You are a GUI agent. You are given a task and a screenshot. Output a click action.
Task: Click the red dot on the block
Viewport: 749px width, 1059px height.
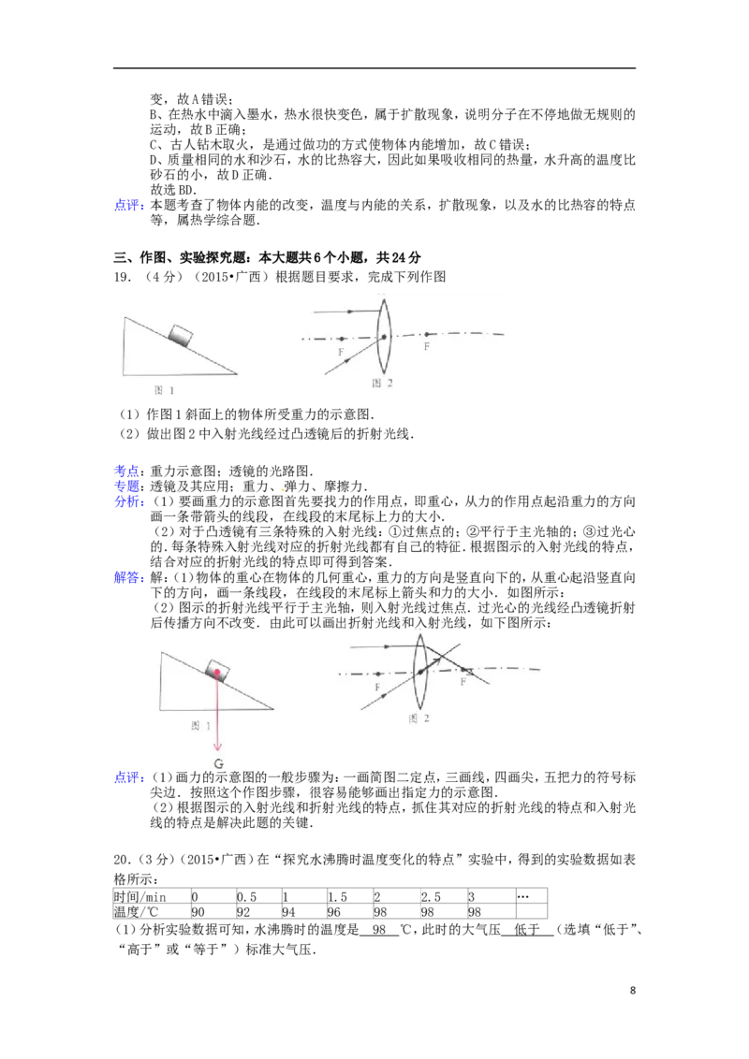(216, 673)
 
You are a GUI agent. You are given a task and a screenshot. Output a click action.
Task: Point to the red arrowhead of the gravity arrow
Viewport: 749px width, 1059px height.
(217, 747)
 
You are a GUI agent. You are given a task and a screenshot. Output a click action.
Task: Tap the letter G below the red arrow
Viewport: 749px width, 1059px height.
(218, 764)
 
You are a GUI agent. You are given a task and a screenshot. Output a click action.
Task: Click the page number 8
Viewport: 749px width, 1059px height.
(633, 991)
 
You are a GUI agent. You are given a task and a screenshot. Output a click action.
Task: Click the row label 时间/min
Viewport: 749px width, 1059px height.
(140, 897)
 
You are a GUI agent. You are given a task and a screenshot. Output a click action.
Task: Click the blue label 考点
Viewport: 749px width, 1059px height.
(127, 471)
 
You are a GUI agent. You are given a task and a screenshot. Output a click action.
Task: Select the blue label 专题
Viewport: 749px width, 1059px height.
(127, 486)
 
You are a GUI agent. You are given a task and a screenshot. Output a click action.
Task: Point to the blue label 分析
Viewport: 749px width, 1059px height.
(127, 501)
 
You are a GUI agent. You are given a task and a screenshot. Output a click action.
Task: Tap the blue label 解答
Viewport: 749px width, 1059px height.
(127, 577)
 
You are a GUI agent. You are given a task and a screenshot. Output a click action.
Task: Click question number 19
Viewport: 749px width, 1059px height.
(123, 277)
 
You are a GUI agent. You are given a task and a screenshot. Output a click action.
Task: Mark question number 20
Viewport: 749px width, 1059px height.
(123, 860)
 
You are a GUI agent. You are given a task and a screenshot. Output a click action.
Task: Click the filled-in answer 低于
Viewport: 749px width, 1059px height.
(527, 930)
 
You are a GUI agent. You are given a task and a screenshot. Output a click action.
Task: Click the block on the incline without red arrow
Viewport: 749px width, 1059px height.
(181, 335)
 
